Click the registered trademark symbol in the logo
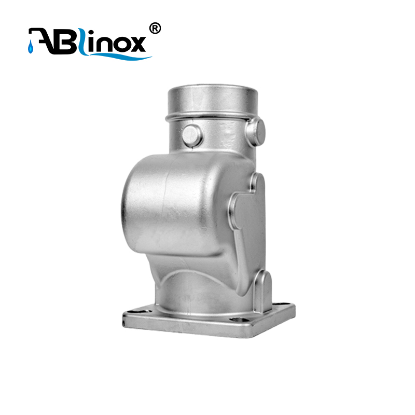(155, 29)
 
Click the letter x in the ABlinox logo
(136, 44)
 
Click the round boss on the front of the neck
(192, 135)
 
